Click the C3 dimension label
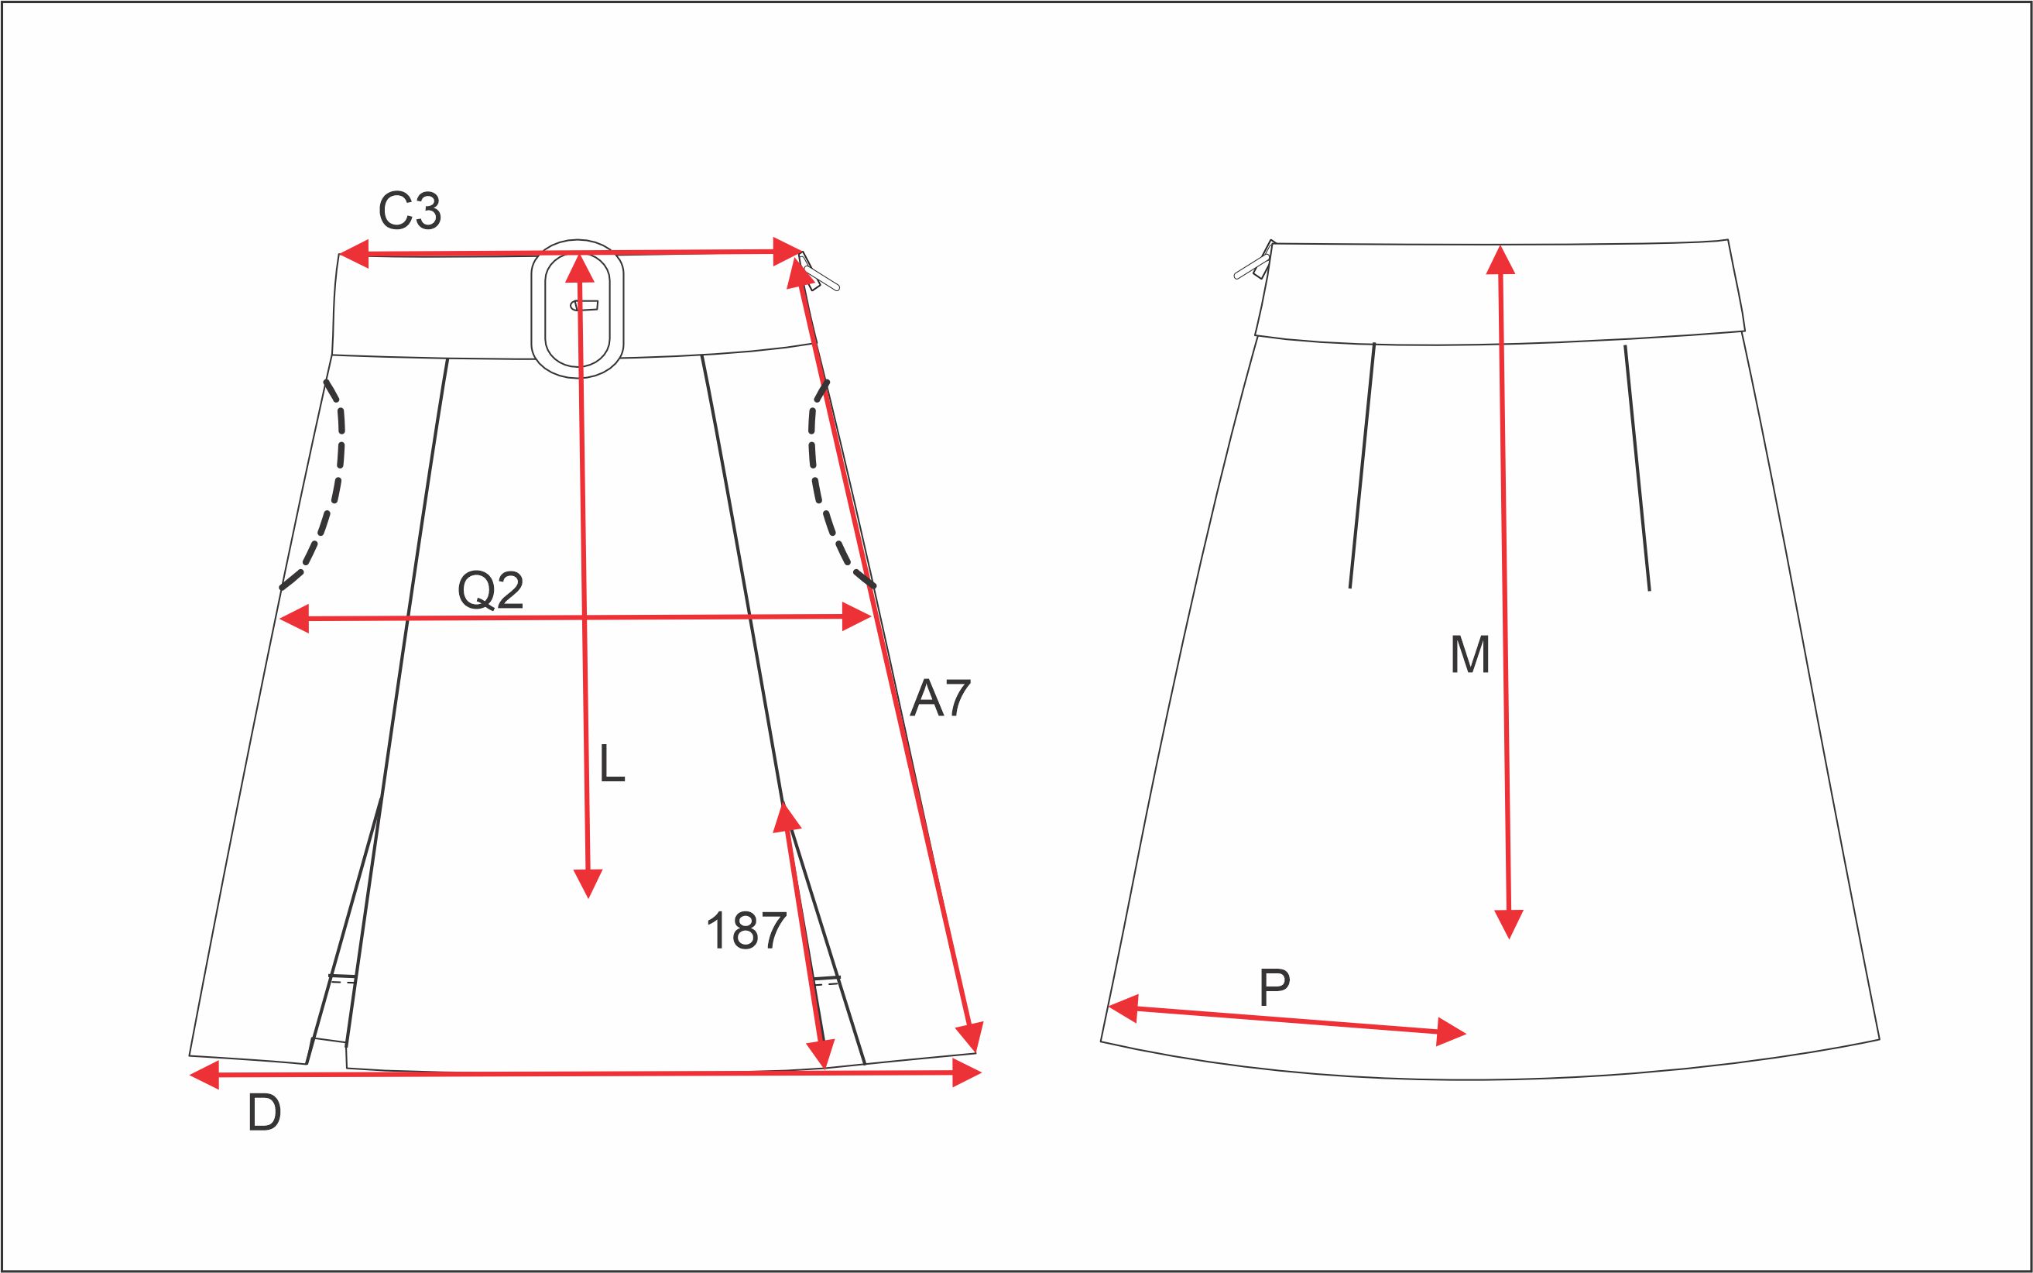[x=410, y=211]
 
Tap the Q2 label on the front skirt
[x=491, y=590]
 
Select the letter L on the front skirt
[x=612, y=764]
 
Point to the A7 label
[x=941, y=698]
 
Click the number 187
[x=746, y=932]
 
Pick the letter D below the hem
[x=264, y=1113]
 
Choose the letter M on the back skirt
[x=1470, y=654]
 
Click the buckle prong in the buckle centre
[x=585, y=305]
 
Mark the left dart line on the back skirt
[x=1362, y=465]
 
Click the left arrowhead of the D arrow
[x=204, y=1074]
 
